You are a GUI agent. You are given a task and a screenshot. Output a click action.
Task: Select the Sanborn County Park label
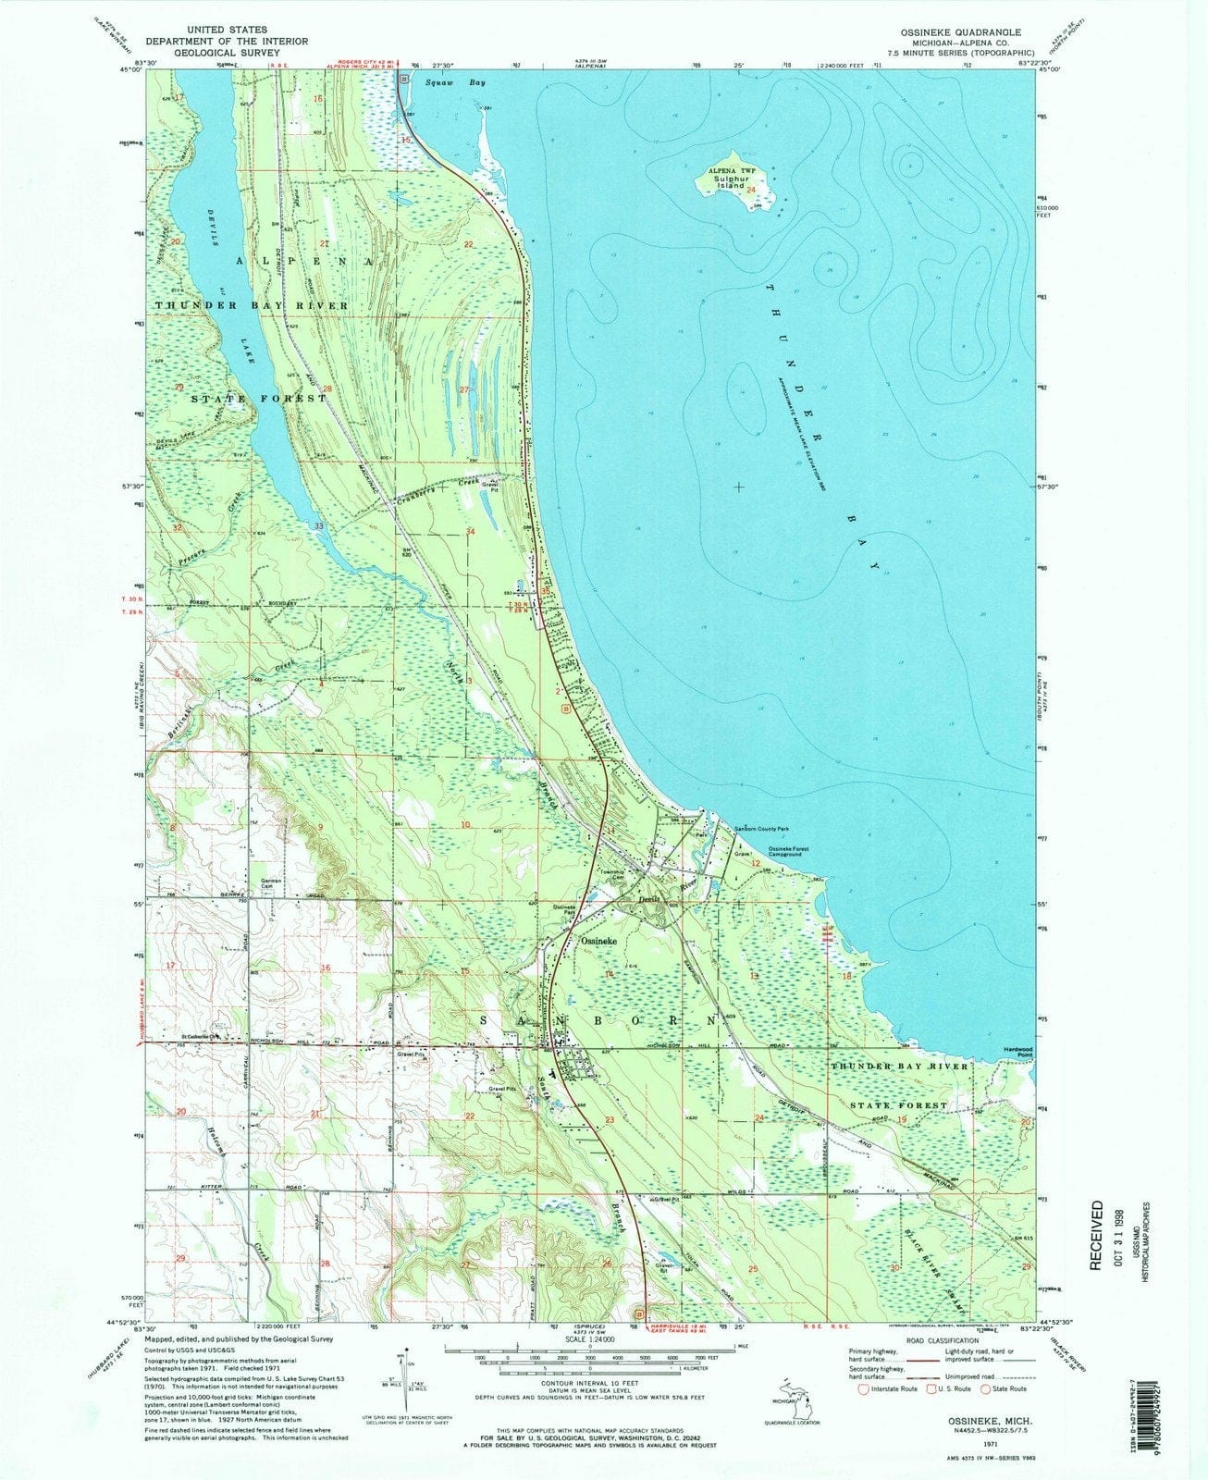[x=767, y=829]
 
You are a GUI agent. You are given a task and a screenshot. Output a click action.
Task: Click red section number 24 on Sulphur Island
[x=751, y=190]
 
